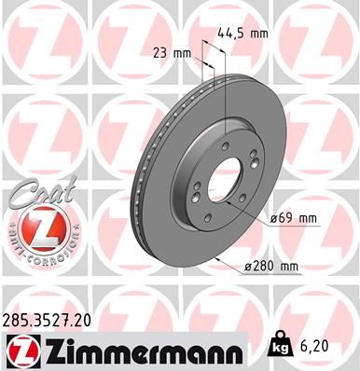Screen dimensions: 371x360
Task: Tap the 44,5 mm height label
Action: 243,33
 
